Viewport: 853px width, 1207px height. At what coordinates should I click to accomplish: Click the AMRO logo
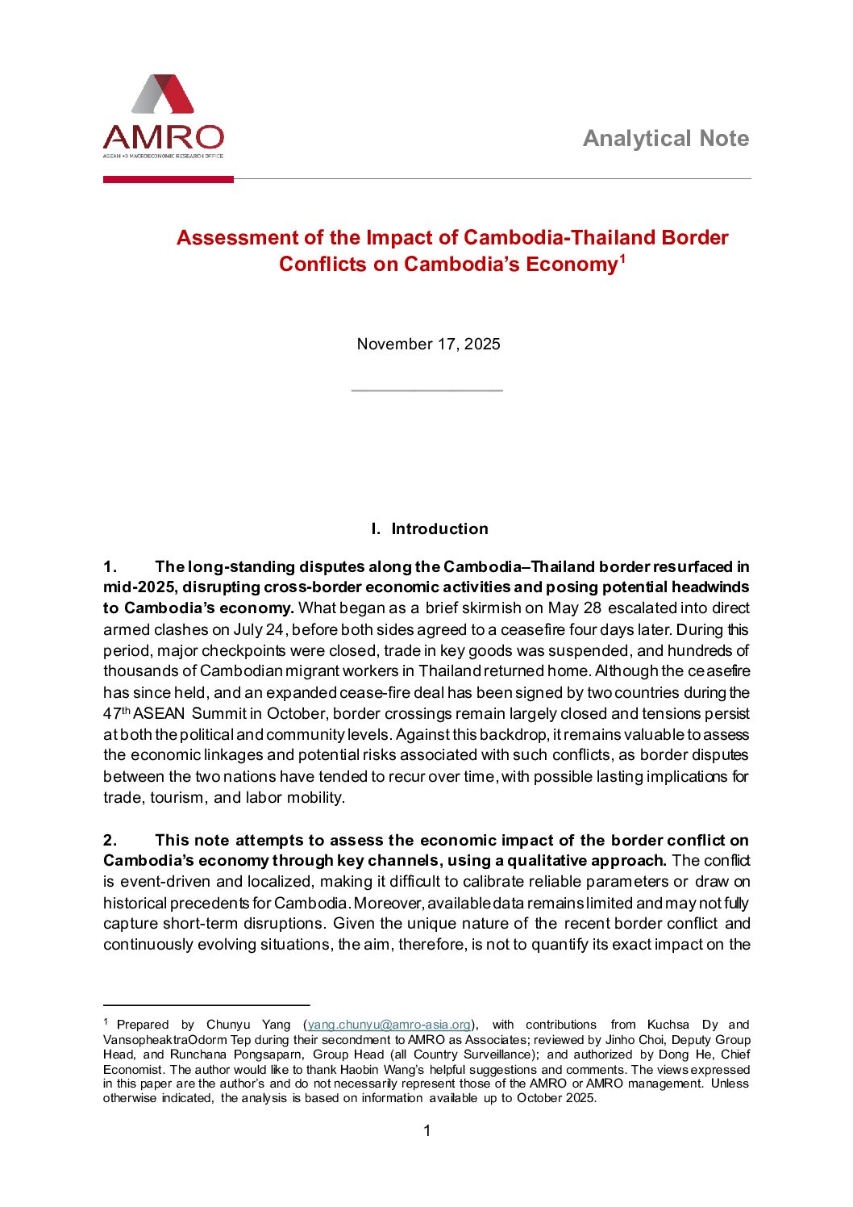[163, 116]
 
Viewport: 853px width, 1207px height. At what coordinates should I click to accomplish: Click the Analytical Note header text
[665, 139]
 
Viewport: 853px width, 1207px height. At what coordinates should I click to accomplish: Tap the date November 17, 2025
[428, 345]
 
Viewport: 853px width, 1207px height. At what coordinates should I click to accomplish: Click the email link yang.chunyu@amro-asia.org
[389, 1025]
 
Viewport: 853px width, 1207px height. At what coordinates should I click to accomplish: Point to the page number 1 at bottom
[427, 1131]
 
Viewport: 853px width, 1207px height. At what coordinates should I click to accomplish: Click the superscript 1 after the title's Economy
[622, 258]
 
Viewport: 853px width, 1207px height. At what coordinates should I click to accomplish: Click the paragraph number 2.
[110, 840]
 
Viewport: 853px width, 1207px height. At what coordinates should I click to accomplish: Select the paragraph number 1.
[110, 567]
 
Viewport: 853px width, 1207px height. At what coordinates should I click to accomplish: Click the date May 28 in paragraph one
[574, 608]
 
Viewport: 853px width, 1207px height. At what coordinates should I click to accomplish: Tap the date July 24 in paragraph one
[259, 629]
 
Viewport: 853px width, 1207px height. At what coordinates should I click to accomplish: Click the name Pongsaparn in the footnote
[268, 1055]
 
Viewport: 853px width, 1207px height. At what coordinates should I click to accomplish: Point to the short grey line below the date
[427, 390]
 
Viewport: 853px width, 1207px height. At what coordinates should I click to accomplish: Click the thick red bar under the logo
[168, 179]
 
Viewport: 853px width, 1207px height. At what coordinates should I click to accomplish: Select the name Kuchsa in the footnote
[668, 1025]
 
